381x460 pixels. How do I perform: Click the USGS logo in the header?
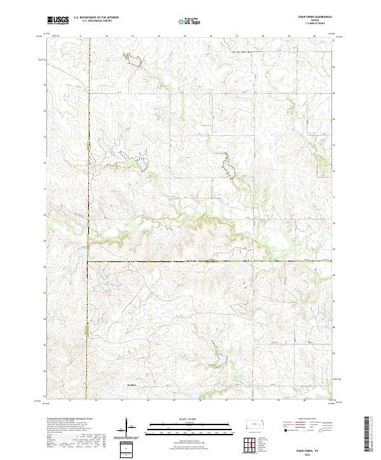(x=58, y=20)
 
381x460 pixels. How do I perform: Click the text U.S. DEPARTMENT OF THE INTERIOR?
(x=96, y=18)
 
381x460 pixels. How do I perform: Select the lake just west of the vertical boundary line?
(x=82, y=254)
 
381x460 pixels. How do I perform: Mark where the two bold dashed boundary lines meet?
(x=88, y=261)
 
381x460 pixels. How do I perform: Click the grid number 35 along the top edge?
(x=185, y=36)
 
